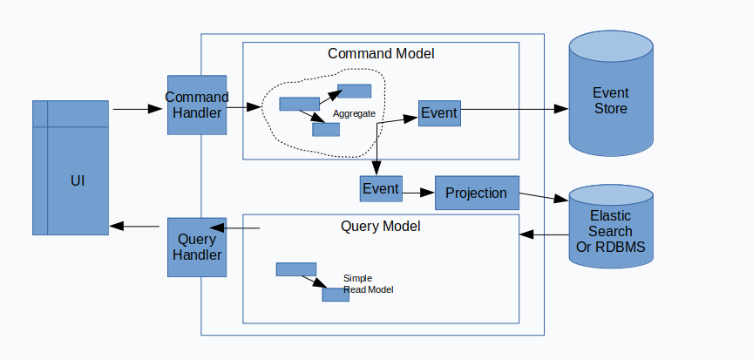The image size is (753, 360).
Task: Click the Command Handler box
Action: [197, 105]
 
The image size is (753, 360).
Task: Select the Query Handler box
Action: [197, 248]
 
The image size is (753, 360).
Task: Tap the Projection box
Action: [477, 193]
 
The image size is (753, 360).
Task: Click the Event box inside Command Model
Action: [439, 113]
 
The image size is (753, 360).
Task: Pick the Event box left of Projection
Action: [381, 188]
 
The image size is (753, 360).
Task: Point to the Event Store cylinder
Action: [611, 93]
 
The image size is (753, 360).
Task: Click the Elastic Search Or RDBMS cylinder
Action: [611, 227]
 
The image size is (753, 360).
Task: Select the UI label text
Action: [78, 181]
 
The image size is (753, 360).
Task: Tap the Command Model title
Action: [381, 53]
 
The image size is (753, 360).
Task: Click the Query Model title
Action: [380, 226]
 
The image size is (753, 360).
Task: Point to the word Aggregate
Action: [354, 114]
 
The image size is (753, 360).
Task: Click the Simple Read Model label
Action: [368, 284]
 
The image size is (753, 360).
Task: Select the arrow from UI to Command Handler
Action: [138, 110]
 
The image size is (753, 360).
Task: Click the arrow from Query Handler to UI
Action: [134, 226]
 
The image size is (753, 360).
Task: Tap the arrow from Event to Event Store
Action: [514, 109]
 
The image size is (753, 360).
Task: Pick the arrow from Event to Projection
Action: [418, 193]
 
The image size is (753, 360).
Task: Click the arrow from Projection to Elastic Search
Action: [544, 197]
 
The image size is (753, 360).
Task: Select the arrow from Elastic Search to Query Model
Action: [544, 234]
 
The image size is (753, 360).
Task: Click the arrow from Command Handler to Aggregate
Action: [243, 107]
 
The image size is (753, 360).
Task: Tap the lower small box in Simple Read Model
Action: [336, 295]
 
